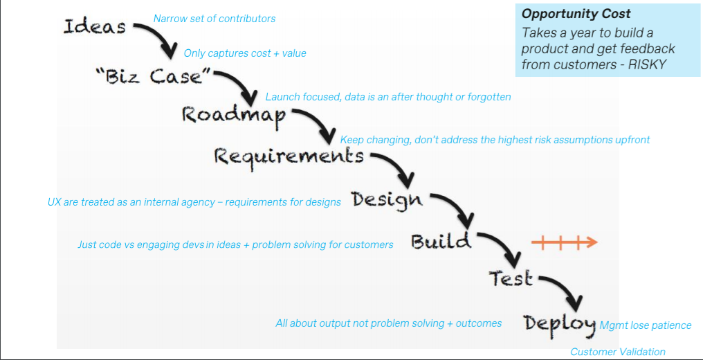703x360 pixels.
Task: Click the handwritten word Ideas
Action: coord(95,27)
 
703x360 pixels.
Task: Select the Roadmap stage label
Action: coord(233,115)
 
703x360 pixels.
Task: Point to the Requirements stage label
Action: coord(289,156)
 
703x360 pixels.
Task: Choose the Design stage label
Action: coord(386,199)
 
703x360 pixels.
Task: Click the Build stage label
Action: coord(441,242)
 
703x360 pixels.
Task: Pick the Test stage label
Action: coord(511,278)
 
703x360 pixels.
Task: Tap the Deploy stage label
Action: coord(559,323)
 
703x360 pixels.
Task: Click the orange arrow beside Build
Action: coord(564,242)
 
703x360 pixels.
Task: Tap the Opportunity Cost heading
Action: coord(576,14)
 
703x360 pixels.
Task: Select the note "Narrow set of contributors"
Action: coord(214,19)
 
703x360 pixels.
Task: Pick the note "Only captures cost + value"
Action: coord(245,53)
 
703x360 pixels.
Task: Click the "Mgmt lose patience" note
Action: coord(646,325)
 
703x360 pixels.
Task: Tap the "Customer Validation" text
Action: coord(618,352)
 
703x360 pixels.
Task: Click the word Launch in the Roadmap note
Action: coord(282,97)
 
